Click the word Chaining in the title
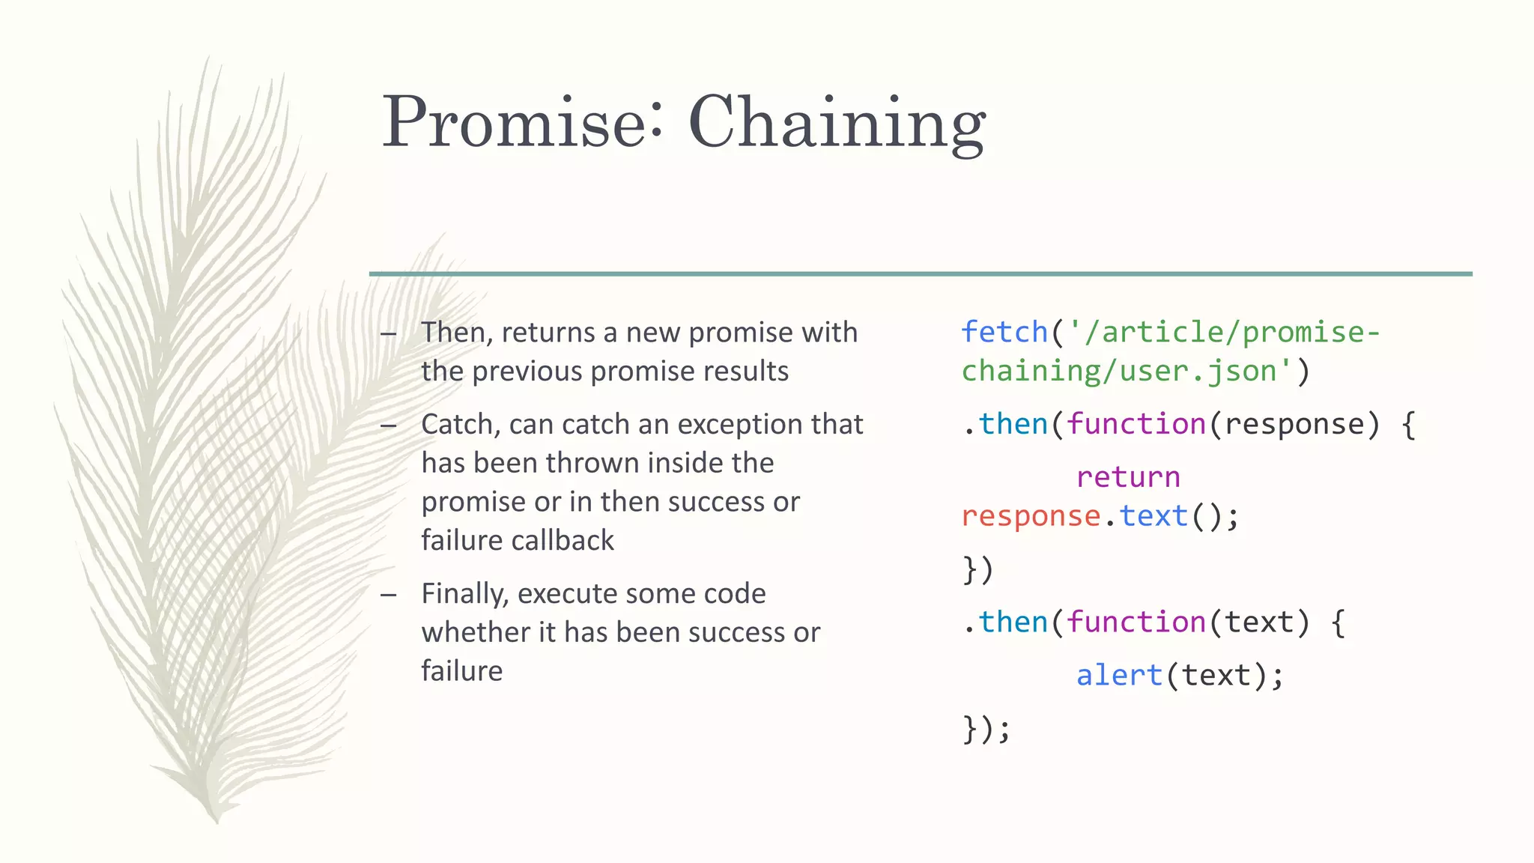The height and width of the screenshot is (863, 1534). point(837,124)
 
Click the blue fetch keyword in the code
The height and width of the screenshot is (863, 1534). point(1004,332)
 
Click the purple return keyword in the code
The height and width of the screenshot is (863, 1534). point(1128,477)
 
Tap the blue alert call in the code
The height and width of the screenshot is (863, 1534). point(1119,676)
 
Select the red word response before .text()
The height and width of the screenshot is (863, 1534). point(1031,516)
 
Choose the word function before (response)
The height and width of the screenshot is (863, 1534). point(1136,425)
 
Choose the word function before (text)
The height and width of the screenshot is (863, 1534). point(1136,623)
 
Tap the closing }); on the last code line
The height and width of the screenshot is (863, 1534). point(986,729)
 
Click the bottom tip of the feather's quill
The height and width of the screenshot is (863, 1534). point(217,820)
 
